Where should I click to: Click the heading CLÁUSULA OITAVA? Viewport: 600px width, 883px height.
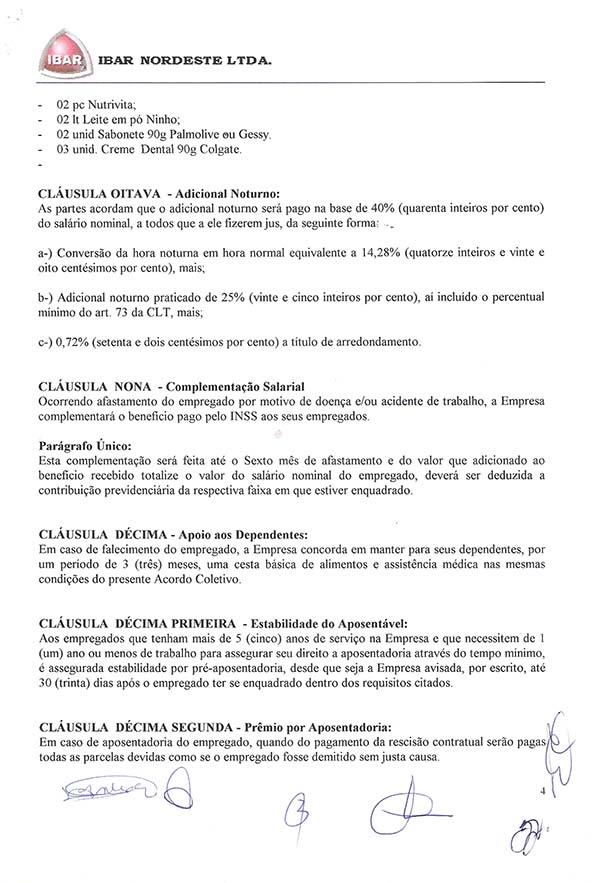click(x=94, y=191)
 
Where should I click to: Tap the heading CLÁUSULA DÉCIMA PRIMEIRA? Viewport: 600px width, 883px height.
click(x=136, y=620)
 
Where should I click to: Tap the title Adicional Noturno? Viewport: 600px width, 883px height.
click(x=223, y=191)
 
